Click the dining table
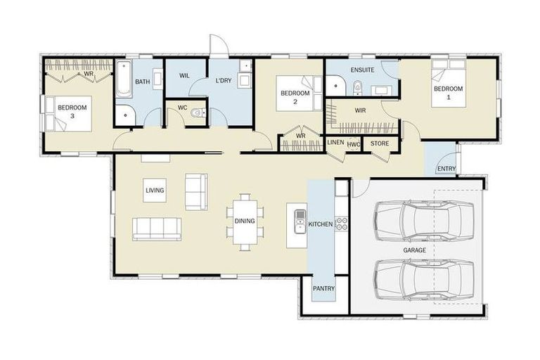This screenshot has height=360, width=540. coord(245,221)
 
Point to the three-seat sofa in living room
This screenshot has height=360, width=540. coord(157,229)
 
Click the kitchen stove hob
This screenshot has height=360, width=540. coord(341,224)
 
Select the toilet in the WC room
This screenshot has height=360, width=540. coord(198,114)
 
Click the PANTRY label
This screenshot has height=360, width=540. coord(323,288)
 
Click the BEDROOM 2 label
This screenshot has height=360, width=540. coord(295,96)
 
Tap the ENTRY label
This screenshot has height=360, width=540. coord(446,169)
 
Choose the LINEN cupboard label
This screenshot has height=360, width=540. coord(336,143)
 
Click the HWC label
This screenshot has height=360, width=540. coord(354,144)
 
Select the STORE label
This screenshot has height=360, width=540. coord(380,143)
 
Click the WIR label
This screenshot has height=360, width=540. coord(360,110)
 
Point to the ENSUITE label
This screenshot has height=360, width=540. coord(362,70)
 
